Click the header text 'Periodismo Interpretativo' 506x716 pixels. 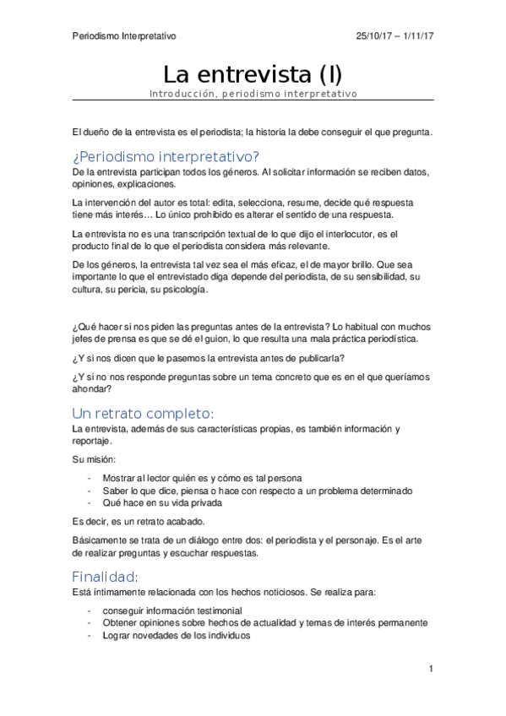[x=124, y=35]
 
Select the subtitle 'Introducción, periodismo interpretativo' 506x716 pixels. [x=253, y=94]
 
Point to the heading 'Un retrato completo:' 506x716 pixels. [x=144, y=413]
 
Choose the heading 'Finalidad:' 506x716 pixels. [x=105, y=577]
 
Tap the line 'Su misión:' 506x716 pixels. [x=95, y=459]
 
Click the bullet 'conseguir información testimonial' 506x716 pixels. [x=172, y=610]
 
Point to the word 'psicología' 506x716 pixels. [x=182, y=289]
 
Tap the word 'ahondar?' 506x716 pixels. [x=91, y=389]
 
